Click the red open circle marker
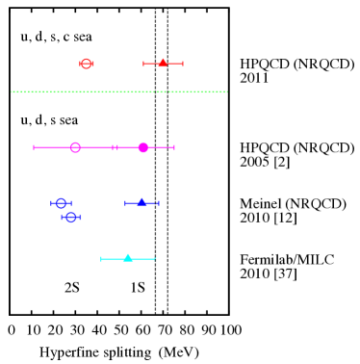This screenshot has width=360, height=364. pyautogui.click(x=86, y=64)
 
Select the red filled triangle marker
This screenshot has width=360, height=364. pyautogui.click(x=163, y=63)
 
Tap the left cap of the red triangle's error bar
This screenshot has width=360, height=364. pyautogui.click(x=143, y=64)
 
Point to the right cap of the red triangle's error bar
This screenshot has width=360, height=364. pyautogui.click(x=183, y=64)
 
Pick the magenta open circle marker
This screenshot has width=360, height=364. pyautogui.click(x=75, y=147)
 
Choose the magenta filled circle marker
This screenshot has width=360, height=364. pyautogui.click(x=143, y=147)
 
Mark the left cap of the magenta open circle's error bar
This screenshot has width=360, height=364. pyautogui.click(x=34, y=147)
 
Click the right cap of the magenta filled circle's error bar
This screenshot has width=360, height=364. pyautogui.click(x=174, y=147)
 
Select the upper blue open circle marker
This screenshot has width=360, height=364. pyautogui.click(x=61, y=203)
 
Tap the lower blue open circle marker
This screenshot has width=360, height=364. pyautogui.click(x=70, y=218)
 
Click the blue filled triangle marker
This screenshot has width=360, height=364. pyautogui.click(x=141, y=202)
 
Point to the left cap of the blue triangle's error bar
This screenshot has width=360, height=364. pyautogui.click(x=125, y=203)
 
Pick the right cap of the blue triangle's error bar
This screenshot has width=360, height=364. pyautogui.click(x=159, y=203)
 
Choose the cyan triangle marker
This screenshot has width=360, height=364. pyautogui.click(x=127, y=258)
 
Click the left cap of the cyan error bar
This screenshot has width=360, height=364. pyautogui.click(x=101, y=259)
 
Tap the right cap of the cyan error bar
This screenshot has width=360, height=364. pyautogui.click(x=154, y=259)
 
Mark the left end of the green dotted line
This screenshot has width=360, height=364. pyautogui.click(x=12, y=91)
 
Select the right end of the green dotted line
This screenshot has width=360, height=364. pyautogui.click(x=226, y=91)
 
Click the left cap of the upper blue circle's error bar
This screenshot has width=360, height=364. pyautogui.click(x=51, y=203)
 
